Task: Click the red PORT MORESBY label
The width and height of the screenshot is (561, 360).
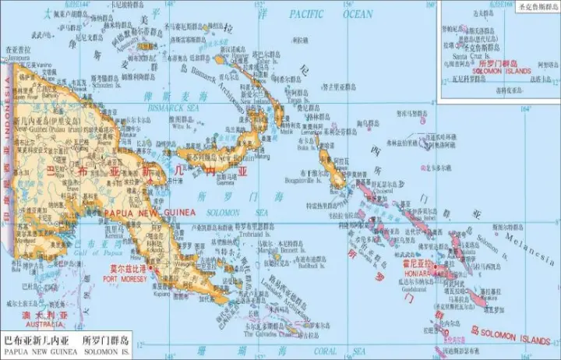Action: pos(124,278)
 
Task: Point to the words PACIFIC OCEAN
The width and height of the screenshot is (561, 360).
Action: pos(331,14)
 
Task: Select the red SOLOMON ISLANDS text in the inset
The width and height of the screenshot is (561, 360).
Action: pos(503,70)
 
